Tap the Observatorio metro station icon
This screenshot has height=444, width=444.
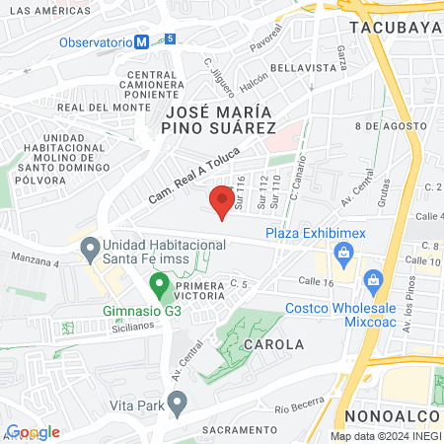coord(142,42)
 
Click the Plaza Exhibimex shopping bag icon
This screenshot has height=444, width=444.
coord(342,255)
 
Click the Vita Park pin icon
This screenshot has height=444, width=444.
coord(178,403)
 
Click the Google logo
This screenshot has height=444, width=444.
coord(33,432)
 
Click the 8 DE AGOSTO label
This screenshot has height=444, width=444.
coord(381,127)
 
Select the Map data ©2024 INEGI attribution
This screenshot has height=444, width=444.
coord(385,436)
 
